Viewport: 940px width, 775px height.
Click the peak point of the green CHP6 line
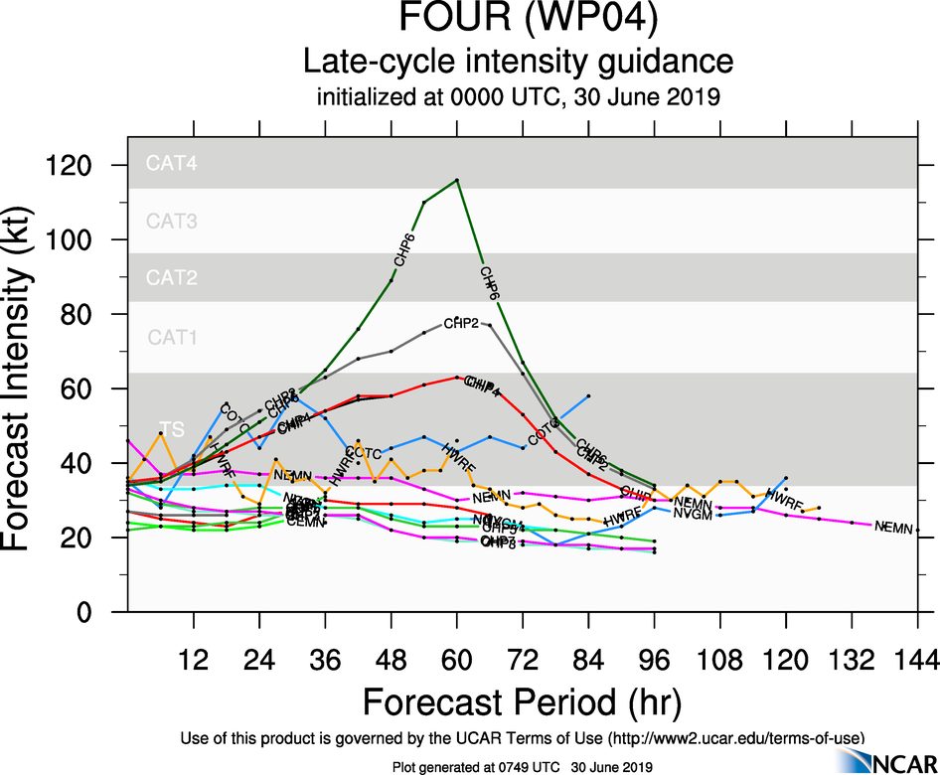point(457,180)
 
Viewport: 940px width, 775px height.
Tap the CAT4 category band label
point(172,164)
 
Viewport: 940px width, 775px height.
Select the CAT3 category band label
point(172,221)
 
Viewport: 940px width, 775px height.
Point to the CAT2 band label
point(172,277)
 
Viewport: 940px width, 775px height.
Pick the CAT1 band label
point(172,337)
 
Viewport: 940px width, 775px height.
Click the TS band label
point(172,429)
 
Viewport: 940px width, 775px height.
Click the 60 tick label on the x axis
point(457,659)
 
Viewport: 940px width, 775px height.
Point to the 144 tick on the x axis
point(916,659)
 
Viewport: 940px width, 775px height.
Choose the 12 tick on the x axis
point(194,659)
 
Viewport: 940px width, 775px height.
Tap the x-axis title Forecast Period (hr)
point(522,702)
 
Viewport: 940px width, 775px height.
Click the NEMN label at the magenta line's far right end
point(893,528)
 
